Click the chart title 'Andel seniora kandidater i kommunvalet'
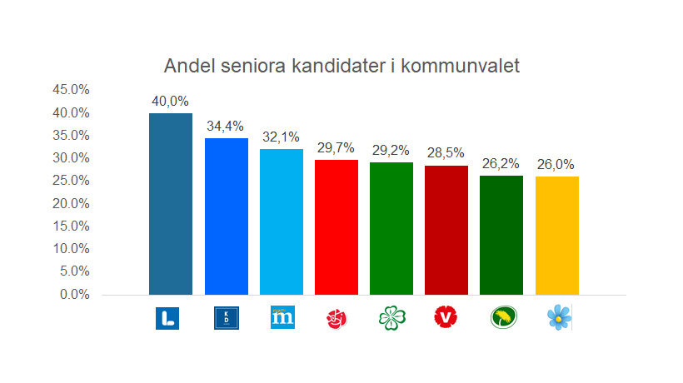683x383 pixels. tap(341, 66)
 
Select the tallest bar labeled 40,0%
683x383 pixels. tap(171, 204)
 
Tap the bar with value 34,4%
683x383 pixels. tap(227, 216)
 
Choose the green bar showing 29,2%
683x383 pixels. tap(391, 228)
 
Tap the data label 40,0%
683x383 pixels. tap(171, 101)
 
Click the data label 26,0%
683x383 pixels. tap(556, 165)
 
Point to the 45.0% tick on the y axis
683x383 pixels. tap(71, 90)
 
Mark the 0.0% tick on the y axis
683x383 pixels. tap(73, 294)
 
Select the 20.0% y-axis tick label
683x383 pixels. tap(71, 203)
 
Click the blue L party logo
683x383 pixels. tap(167, 317)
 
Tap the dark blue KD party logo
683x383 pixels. tap(227, 317)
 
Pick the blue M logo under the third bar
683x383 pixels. tap(282, 317)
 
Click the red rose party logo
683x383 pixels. tap(337, 317)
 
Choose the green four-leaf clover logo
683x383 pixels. tap(391, 317)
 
